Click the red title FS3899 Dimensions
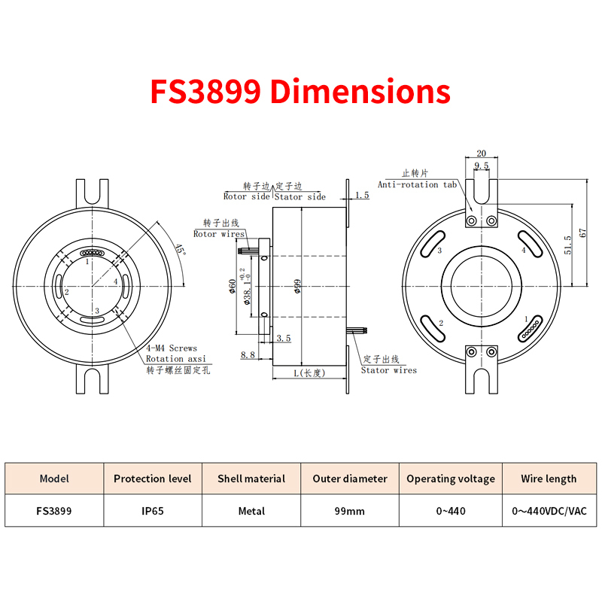[300, 91]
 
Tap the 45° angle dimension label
[180, 250]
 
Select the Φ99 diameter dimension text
[297, 287]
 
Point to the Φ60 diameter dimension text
[232, 287]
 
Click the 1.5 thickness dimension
[362, 195]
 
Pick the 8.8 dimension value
[248, 354]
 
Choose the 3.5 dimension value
[284, 338]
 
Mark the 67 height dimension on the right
[582, 233]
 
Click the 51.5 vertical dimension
[568, 245]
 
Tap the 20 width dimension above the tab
[481, 154]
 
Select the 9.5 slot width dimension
[482, 166]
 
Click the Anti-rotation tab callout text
[417, 184]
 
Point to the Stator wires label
[388, 370]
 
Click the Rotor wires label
[219, 234]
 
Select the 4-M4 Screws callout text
[172, 348]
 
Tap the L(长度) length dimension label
[309, 372]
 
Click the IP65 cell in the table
[153, 511]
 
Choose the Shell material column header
[251, 479]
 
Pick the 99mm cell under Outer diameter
[349, 511]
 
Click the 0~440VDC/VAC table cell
[549, 511]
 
